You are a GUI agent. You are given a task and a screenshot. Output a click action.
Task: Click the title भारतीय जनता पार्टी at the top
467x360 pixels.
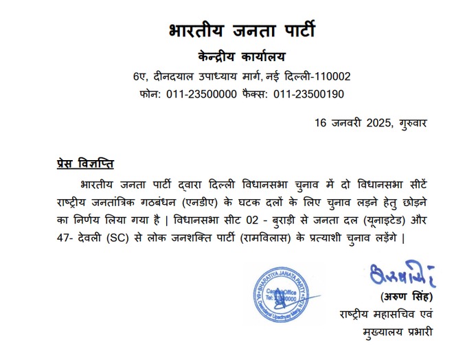click(x=242, y=31)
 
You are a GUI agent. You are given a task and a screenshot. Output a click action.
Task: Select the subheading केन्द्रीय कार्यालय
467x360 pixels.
click(x=242, y=56)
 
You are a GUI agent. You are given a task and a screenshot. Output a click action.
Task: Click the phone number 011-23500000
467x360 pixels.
click(x=202, y=94)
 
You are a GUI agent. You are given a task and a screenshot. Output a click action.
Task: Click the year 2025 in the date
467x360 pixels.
click(x=378, y=123)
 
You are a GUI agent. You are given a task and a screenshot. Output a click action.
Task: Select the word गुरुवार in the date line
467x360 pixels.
click(x=413, y=123)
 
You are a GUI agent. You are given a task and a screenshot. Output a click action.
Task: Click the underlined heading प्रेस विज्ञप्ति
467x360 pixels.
click(x=85, y=164)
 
